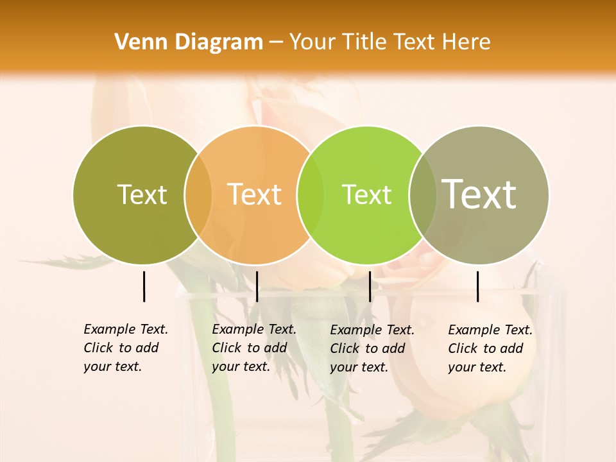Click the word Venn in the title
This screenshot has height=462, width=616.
142,42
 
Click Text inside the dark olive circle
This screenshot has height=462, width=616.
142,194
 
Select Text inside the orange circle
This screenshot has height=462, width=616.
255,194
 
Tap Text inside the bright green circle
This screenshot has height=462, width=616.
366,194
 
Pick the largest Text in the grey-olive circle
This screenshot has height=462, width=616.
479,194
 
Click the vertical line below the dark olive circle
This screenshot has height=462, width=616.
144,286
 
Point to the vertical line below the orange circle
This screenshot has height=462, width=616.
257,286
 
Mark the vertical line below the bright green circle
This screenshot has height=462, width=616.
370,286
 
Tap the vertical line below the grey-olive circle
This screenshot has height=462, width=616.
478,286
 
